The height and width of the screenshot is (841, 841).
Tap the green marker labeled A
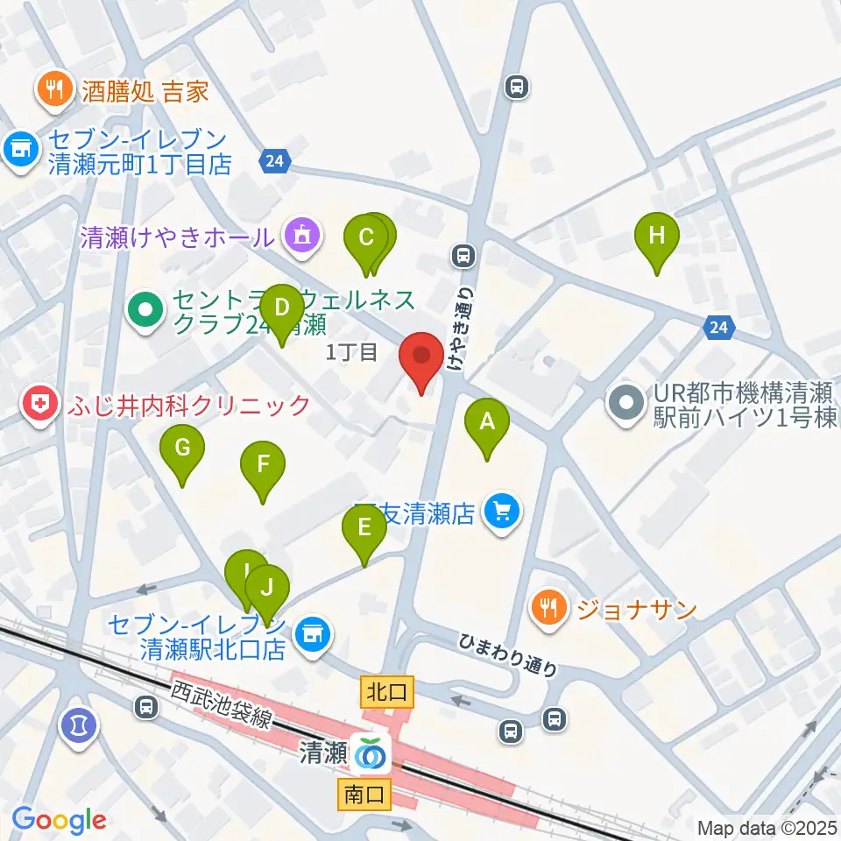[488, 425]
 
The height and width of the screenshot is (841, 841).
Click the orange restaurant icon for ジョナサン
[549, 609]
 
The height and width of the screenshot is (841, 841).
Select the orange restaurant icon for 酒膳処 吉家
[53, 90]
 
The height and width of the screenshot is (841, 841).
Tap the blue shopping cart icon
[503, 511]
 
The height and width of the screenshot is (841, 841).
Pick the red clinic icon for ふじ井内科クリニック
[40, 406]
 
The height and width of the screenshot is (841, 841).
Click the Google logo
[59, 820]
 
